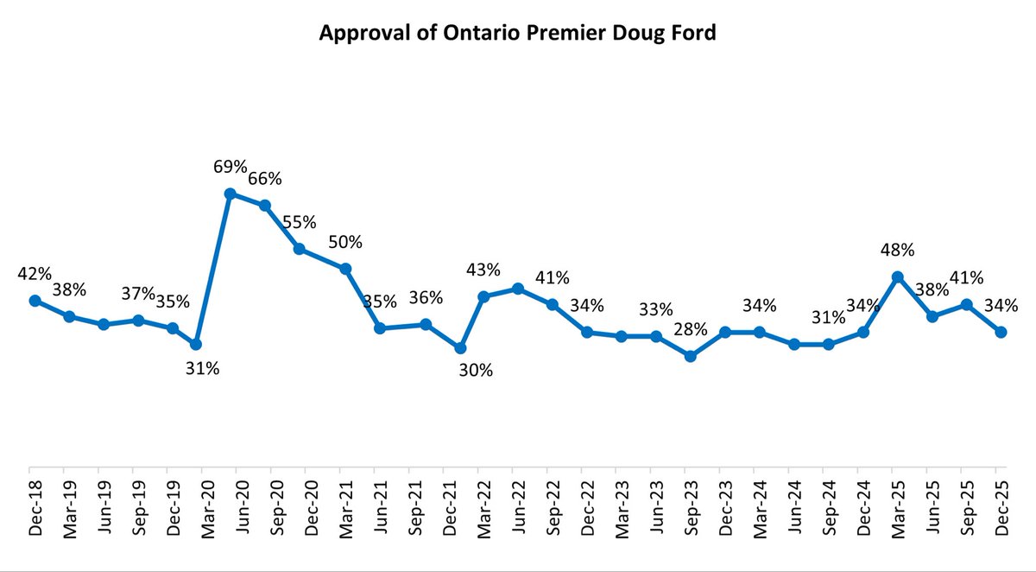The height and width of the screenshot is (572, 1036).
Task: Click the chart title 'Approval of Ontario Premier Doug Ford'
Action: (x=518, y=33)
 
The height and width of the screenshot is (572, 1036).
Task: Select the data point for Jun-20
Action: (x=231, y=194)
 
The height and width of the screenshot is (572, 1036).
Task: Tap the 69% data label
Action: (x=231, y=166)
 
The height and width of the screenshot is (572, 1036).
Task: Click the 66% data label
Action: (x=265, y=179)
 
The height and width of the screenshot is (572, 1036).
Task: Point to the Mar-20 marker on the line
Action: (x=196, y=344)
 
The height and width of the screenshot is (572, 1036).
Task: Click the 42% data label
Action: (x=35, y=274)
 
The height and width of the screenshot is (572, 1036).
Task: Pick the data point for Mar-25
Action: (x=898, y=276)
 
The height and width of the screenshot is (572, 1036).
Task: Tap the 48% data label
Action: (x=898, y=250)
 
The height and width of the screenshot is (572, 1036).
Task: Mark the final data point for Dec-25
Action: (x=1001, y=332)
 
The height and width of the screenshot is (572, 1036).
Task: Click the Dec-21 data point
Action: (x=460, y=347)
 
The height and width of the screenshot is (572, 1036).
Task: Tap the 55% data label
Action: (x=300, y=221)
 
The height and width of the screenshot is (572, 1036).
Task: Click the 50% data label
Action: (x=345, y=242)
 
